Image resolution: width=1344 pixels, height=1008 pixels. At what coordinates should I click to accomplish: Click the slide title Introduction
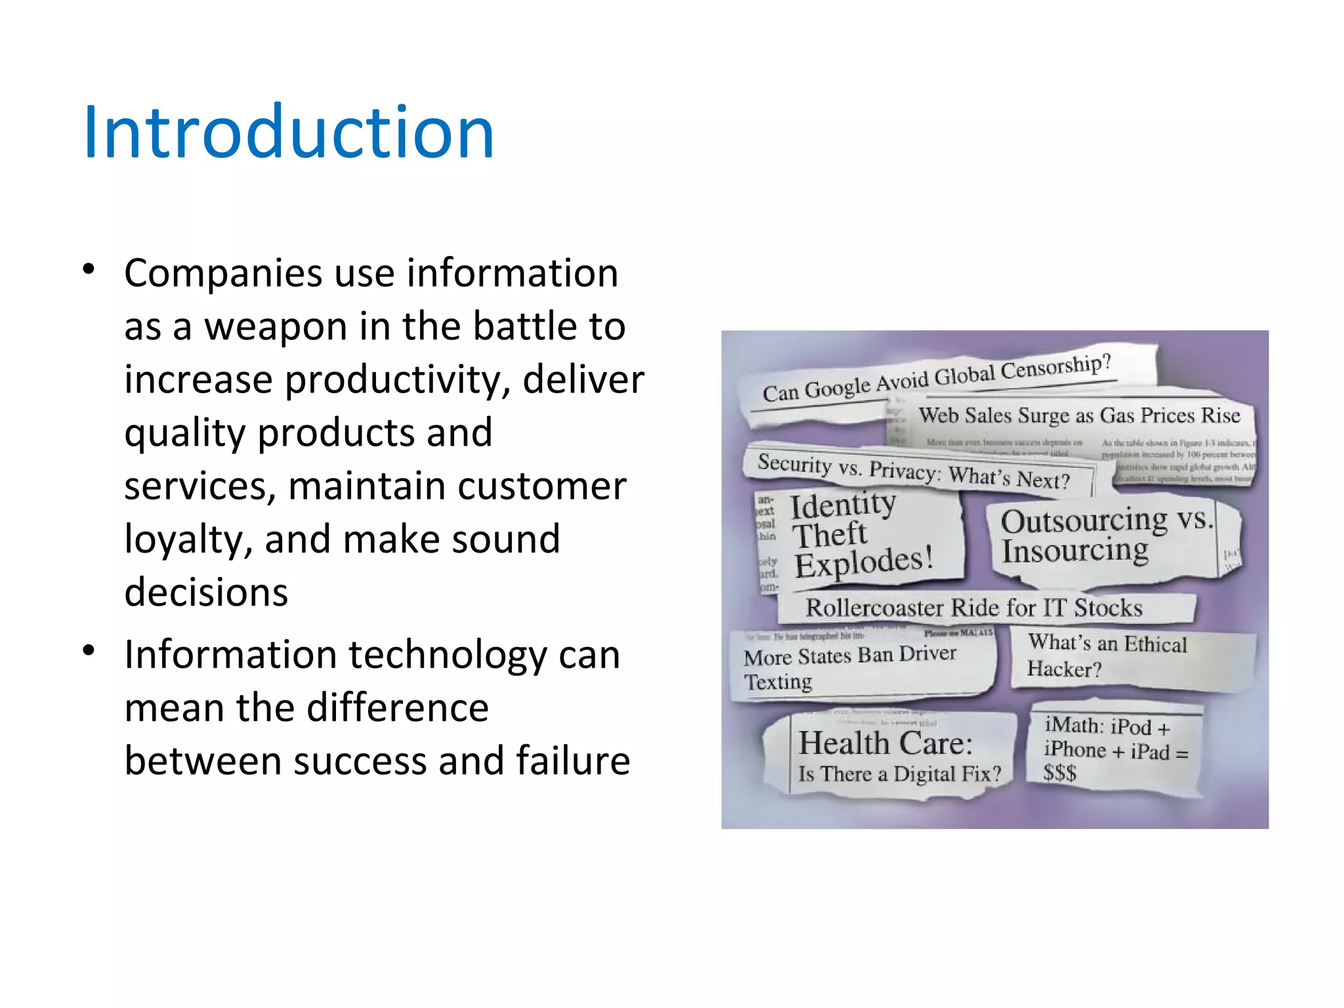(x=289, y=133)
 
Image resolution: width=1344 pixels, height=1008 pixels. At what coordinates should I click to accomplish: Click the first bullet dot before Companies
(x=89, y=269)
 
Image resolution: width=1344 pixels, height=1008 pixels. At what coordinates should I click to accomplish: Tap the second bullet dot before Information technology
(x=89, y=650)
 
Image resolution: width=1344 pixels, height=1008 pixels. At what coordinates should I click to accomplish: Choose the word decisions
(x=206, y=593)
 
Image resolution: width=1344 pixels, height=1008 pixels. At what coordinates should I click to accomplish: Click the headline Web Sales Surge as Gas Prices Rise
(x=1079, y=415)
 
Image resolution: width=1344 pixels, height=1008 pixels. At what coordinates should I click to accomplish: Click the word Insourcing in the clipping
(x=1074, y=551)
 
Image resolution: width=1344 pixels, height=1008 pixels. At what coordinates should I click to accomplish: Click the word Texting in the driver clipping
(x=778, y=682)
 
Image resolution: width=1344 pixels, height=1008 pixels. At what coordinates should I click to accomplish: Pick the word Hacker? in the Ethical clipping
(x=1064, y=669)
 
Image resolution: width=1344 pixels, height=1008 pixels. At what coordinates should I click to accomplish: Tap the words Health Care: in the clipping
(x=885, y=744)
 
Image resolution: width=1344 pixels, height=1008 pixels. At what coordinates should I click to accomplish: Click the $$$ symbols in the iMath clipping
(x=1060, y=772)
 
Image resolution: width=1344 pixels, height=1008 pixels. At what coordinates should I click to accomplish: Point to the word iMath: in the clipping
(x=1074, y=724)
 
